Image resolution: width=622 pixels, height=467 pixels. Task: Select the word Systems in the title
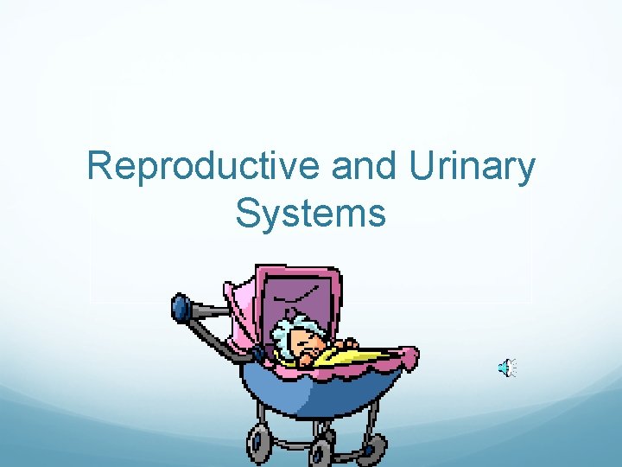[310, 214]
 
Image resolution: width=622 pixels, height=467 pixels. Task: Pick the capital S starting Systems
[247, 214]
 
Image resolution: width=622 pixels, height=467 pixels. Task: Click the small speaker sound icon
[506, 369]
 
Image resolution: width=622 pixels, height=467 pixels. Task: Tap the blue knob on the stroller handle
[181, 307]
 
